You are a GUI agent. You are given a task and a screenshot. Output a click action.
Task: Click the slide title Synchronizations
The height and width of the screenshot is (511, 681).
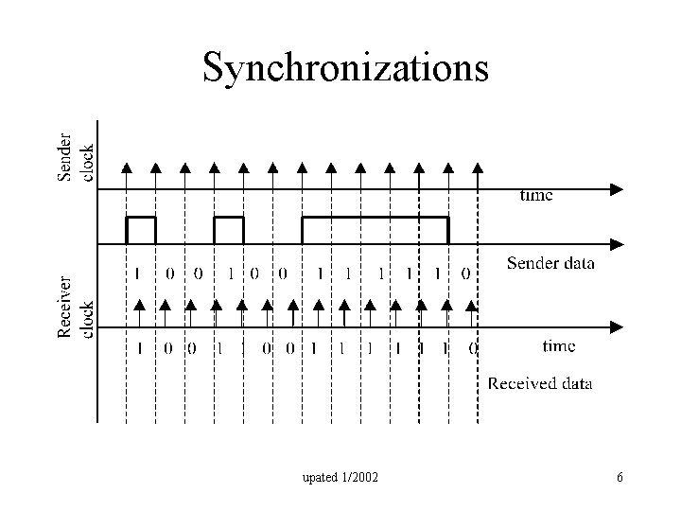[346, 67]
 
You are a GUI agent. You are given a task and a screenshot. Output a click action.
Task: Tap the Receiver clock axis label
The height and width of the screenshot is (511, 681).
[76, 308]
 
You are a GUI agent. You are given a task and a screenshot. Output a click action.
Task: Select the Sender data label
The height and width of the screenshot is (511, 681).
[550, 263]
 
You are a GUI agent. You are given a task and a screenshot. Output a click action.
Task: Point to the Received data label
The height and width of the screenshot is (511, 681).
[539, 383]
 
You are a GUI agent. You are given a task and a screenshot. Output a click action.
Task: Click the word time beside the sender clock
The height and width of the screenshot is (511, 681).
[536, 196]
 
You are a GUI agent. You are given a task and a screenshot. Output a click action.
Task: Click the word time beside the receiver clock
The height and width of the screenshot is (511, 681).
[558, 346]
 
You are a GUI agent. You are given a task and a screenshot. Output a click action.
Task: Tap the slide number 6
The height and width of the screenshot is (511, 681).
[620, 478]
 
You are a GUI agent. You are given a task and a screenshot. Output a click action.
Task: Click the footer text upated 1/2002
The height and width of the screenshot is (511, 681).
[340, 478]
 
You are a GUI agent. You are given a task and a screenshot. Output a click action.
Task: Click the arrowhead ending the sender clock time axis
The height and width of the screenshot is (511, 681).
[617, 188]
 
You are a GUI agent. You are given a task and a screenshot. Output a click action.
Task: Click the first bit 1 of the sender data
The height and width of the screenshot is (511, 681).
[138, 274]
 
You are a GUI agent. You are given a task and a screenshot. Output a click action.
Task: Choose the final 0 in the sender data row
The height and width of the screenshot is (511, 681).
[465, 274]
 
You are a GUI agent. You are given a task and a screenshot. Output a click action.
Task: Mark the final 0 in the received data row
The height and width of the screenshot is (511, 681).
[473, 348]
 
